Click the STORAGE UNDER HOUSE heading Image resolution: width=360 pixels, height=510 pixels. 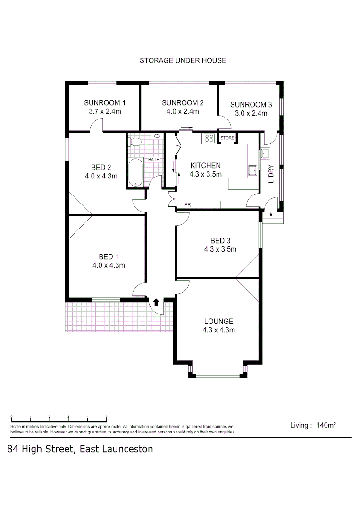183,60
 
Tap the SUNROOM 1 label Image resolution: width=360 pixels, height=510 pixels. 105,103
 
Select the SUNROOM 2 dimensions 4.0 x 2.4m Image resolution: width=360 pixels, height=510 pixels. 183,112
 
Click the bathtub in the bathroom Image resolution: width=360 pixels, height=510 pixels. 135,172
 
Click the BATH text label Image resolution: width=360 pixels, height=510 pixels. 154,160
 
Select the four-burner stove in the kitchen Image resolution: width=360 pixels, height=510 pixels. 209,138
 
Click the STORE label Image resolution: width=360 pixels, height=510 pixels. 227,138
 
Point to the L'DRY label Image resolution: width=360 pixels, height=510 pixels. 271,174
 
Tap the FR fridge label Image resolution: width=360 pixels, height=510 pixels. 187,205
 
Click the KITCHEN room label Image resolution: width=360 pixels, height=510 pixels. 205,165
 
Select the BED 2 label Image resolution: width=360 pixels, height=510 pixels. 101,167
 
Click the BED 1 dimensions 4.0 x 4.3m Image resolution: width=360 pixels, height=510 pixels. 108,265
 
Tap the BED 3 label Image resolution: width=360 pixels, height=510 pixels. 220,241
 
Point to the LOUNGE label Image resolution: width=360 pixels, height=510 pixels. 218,321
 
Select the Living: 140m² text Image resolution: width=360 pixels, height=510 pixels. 313,425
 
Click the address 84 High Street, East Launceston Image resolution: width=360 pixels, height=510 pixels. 80,449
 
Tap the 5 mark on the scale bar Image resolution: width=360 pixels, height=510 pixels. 107,416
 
